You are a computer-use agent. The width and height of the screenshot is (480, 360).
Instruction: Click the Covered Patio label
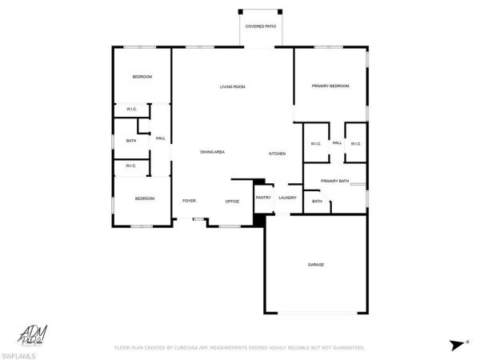point(260,26)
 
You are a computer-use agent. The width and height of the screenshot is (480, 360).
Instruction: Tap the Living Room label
point(232,86)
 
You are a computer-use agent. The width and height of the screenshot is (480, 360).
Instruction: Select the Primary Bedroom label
point(330,86)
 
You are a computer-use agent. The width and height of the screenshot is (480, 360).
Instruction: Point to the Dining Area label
point(212,152)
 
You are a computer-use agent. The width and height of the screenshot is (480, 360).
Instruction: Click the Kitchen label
point(277,153)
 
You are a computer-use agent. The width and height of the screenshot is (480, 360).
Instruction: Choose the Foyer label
point(189,201)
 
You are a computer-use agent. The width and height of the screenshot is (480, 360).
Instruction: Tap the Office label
point(232,202)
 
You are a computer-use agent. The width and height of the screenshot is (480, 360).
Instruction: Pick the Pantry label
point(263,198)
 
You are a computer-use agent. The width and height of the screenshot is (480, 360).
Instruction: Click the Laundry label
point(288,198)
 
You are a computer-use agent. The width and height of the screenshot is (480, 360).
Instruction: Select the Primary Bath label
point(334,182)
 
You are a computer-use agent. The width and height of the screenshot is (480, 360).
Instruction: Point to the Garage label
point(316,264)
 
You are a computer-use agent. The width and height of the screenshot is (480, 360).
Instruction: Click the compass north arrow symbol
point(455,345)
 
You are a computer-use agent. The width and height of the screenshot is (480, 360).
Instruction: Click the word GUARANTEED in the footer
point(349,348)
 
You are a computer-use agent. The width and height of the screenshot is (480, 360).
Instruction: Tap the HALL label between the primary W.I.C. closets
point(337,142)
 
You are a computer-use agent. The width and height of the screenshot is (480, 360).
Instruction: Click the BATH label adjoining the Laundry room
point(317,201)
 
